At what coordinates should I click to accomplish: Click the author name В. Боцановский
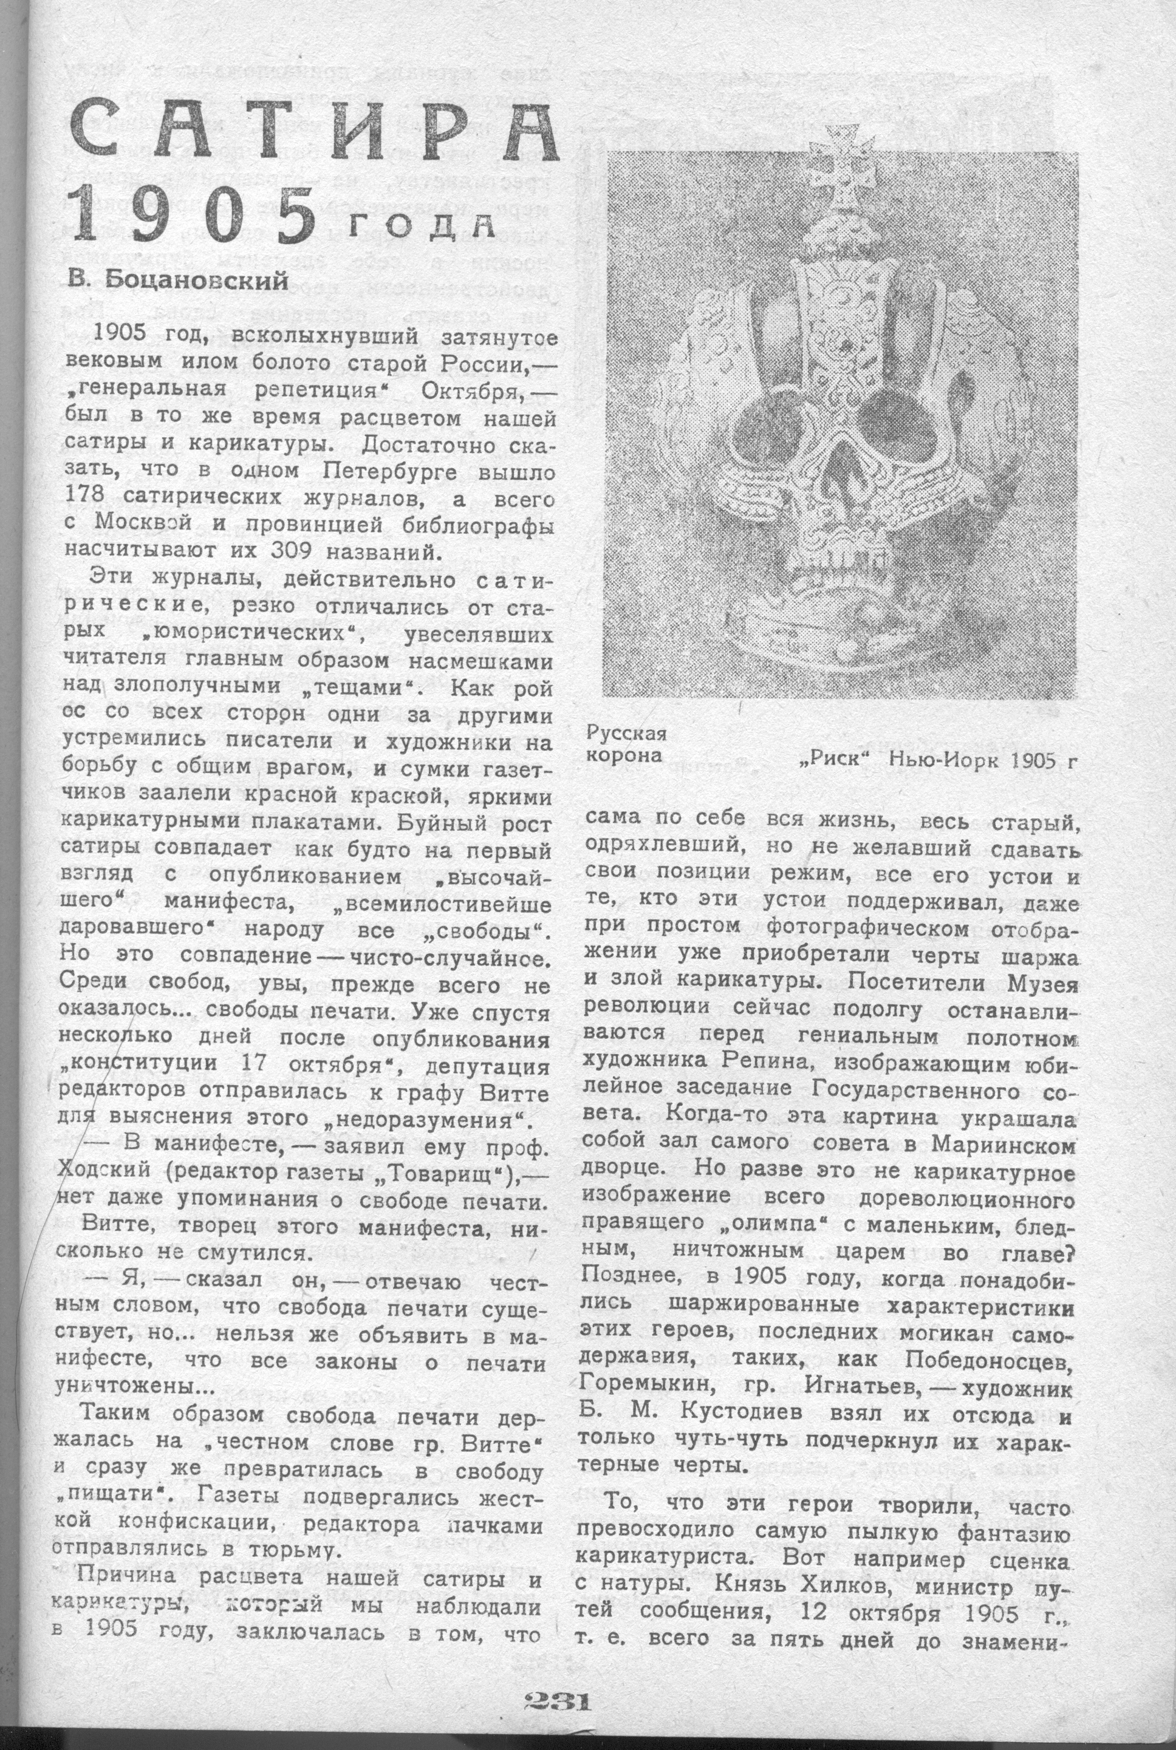tap(179, 281)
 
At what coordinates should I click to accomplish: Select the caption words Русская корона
tap(626, 744)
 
